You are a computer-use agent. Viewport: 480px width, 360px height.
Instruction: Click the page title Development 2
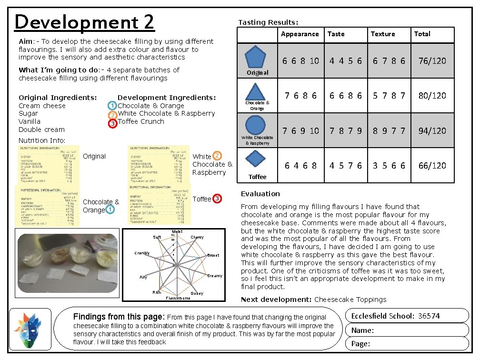tap(85, 22)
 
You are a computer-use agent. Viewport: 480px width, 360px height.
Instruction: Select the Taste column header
tap(336, 34)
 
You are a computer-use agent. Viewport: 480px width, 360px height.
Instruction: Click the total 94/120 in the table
tap(432, 130)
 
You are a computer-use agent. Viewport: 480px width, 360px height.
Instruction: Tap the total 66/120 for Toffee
tap(432, 166)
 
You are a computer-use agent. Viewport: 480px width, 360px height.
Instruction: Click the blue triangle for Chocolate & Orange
tap(255, 91)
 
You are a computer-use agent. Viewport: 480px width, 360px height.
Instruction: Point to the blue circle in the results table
tap(256, 125)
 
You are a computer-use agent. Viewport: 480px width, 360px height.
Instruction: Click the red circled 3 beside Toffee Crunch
tap(112, 123)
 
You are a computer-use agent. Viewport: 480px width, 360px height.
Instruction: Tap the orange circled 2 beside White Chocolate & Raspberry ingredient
tap(112, 115)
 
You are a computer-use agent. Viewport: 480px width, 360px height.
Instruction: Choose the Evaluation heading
tap(260, 194)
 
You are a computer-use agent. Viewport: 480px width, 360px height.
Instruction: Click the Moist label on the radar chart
tap(177, 231)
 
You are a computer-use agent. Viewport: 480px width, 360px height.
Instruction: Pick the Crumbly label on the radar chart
tap(142, 253)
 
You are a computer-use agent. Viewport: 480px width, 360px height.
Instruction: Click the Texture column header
tap(383, 34)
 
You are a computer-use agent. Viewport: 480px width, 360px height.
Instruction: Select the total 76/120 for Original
tap(432, 61)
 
